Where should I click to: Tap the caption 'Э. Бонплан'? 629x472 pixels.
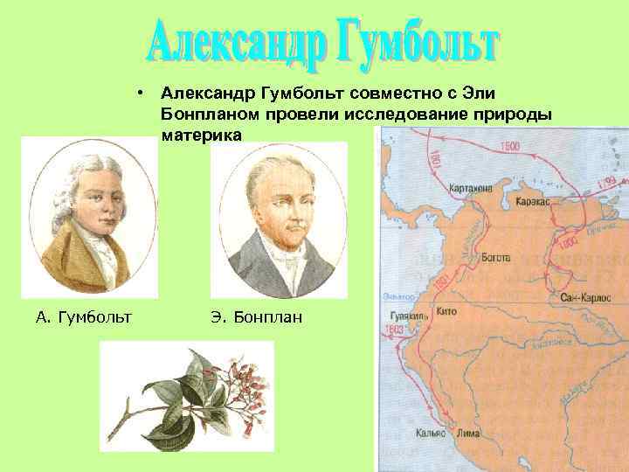point(256,316)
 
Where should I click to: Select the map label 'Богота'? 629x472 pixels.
point(495,258)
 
